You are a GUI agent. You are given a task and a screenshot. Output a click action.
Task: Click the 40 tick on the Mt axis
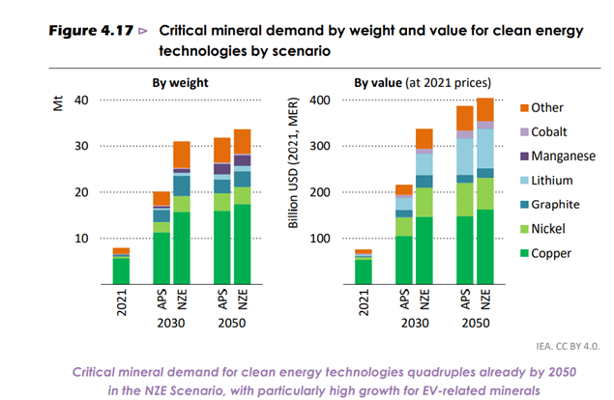80,100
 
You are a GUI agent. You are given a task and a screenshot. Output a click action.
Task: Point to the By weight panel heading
180,82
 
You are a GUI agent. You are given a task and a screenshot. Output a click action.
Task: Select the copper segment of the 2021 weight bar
121,271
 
